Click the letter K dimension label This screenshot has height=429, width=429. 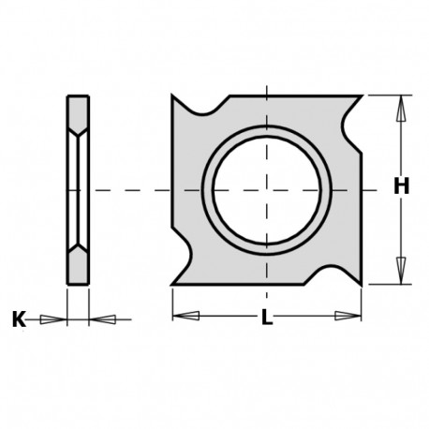click(x=19, y=319)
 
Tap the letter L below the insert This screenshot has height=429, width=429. click(x=267, y=318)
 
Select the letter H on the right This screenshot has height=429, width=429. click(x=402, y=187)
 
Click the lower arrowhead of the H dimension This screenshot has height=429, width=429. click(x=401, y=271)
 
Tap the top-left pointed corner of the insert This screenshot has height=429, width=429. click(x=173, y=96)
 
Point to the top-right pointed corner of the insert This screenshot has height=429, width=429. click(x=362, y=96)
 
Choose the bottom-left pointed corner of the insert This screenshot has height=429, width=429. click(x=173, y=283)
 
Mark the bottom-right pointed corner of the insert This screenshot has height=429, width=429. click(x=362, y=283)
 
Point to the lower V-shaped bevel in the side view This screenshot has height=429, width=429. click(x=79, y=252)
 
